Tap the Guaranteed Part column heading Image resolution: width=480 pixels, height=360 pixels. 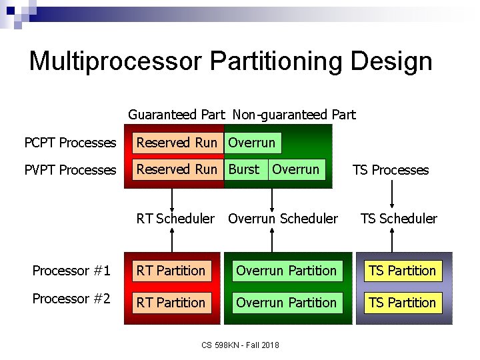tap(176, 115)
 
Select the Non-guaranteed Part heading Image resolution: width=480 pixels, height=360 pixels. tap(294, 115)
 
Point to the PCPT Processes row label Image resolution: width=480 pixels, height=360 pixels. tap(70, 143)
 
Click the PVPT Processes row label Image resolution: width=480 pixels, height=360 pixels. tap(70, 170)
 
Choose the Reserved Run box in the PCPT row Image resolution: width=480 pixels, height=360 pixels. tap(177, 143)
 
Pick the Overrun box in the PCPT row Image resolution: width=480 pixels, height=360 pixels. tap(252, 143)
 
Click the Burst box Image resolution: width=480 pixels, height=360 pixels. tap(244, 169)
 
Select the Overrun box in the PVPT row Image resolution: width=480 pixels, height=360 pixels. tap(296, 169)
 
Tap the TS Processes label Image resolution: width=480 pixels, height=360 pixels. tap(391, 170)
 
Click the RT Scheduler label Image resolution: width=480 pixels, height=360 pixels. tap(175, 219)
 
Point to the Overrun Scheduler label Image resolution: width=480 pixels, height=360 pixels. tap(283, 219)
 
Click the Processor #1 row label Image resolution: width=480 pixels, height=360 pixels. tap(71, 271)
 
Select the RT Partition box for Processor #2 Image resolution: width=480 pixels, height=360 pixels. tap(171, 303)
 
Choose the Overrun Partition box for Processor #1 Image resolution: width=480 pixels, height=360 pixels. tap(286, 271)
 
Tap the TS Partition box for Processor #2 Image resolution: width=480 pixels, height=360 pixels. tap(402, 303)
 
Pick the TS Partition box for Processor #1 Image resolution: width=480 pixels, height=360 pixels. tap(402, 271)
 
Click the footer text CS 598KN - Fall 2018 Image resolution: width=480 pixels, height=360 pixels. tap(240, 345)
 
